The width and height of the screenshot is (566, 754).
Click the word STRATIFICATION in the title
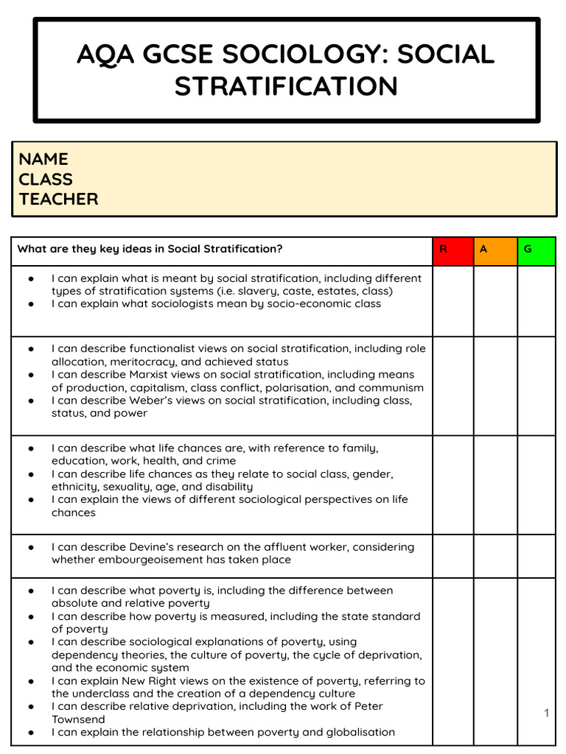286,86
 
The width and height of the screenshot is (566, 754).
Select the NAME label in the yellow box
43,159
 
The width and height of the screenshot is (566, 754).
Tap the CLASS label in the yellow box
46,179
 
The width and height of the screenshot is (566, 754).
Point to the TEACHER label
58,199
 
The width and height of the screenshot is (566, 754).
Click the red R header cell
452,250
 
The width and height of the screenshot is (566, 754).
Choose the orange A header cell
495,250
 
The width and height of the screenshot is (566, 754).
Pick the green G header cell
536,250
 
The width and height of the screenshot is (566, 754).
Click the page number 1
546,713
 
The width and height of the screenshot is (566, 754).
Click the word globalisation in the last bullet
357,732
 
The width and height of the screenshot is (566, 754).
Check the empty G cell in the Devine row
536,556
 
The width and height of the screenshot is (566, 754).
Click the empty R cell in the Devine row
452,556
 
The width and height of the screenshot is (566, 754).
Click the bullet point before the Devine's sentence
31,547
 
